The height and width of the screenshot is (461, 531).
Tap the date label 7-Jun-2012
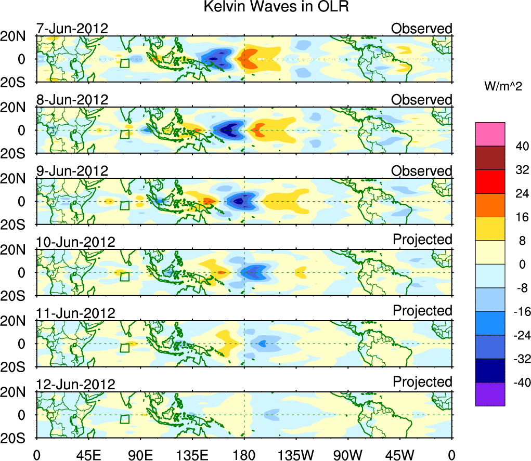coord(72,28)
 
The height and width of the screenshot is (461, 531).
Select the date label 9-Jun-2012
coord(72,170)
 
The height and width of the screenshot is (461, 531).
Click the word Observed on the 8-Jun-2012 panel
coord(422,99)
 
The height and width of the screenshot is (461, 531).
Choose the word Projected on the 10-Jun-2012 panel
coord(422,239)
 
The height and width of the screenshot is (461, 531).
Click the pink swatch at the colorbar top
coord(489,134)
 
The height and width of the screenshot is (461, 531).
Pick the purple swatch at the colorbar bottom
coord(489,394)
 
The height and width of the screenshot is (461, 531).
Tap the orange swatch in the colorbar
coord(489,205)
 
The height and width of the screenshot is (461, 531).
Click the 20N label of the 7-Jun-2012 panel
coord(17,36)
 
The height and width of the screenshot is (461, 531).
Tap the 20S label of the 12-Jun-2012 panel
coord(17,438)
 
